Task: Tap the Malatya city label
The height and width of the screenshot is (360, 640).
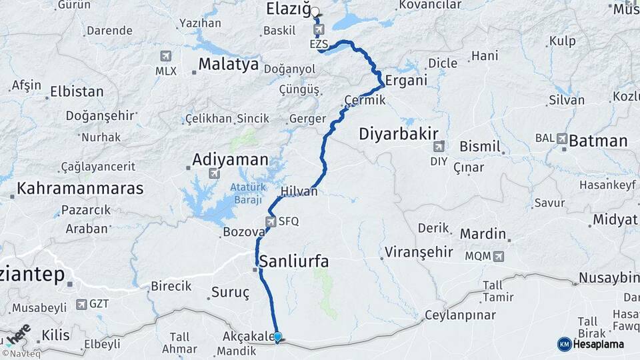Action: coord(229,65)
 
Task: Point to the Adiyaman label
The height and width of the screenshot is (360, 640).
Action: coord(230,160)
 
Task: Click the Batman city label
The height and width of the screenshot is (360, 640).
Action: coord(598,141)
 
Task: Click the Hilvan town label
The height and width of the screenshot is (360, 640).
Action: coord(299,191)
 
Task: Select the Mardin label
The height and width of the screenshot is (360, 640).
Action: coord(483,234)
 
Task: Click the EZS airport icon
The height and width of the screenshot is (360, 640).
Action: coord(319,30)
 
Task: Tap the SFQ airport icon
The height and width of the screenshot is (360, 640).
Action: coord(271,221)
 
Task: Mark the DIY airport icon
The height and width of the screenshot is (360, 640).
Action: coord(438,147)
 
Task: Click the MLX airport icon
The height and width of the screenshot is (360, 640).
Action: coord(165,56)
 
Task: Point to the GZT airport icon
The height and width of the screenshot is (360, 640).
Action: coord(81,304)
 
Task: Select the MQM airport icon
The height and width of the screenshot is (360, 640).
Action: coord(498,255)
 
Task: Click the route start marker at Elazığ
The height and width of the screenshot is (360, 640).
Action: coord(315,11)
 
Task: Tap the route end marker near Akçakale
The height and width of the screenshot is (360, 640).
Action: coord(277,337)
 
